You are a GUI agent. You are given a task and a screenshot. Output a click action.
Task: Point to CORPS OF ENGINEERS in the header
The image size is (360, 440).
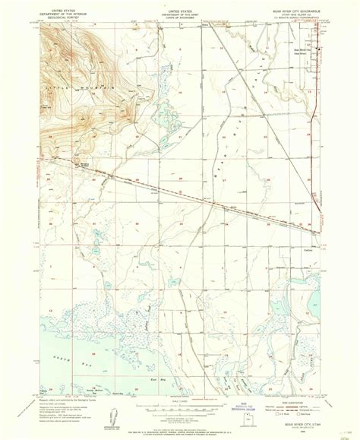179,21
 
